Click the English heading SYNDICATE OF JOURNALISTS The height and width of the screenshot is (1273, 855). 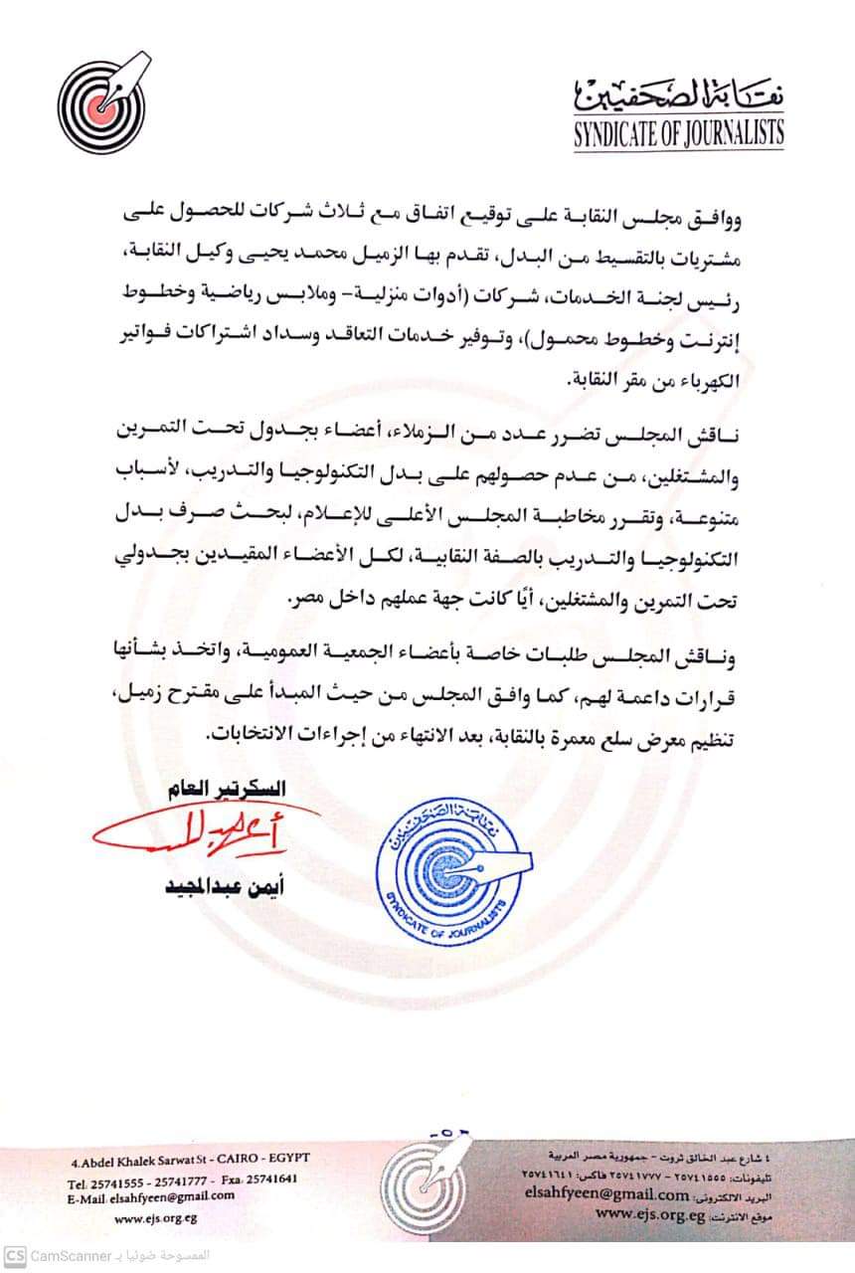(x=678, y=132)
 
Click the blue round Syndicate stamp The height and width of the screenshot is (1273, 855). (x=448, y=866)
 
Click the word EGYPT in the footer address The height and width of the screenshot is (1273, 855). (x=289, y=1161)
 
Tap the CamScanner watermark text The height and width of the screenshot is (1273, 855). (x=70, y=1255)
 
